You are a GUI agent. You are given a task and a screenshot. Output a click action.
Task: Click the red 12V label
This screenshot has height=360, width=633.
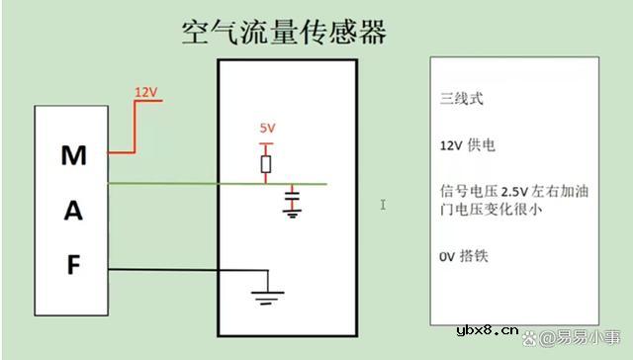(x=146, y=92)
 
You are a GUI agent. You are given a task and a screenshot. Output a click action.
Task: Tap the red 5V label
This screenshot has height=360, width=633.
(x=267, y=129)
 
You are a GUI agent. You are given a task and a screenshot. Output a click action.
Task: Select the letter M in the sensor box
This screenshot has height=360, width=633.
(x=74, y=155)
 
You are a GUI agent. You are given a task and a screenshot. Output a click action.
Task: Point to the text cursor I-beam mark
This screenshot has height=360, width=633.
(x=383, y=205)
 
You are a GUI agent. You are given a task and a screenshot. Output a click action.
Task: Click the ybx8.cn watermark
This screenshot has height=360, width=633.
(x=489, y=329)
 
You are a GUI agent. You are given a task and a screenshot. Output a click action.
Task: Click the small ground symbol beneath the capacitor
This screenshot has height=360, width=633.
(x=291, y=212)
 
